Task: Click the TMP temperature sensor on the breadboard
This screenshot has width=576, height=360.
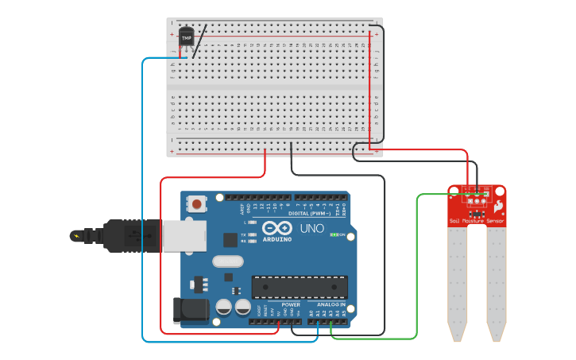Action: tap(187, 37)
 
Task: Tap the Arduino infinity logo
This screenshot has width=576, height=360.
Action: tap(277, 227)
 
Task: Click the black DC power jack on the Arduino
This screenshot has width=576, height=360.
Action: tap(190, 310)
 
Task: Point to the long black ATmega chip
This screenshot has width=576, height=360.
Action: tap(300, 287)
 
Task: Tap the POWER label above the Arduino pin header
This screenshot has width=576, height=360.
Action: tap(292, 304)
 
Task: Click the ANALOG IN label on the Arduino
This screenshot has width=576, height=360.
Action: tap(331, 304)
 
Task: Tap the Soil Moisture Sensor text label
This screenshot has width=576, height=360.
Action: tap(476, 220)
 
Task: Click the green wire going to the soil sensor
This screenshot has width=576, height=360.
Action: tap(417, 270)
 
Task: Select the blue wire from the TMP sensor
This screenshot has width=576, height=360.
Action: tap(143, 199)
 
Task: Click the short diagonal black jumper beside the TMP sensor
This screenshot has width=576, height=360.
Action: tap(200, 40)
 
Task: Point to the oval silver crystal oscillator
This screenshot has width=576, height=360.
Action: tap(227, 261)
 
